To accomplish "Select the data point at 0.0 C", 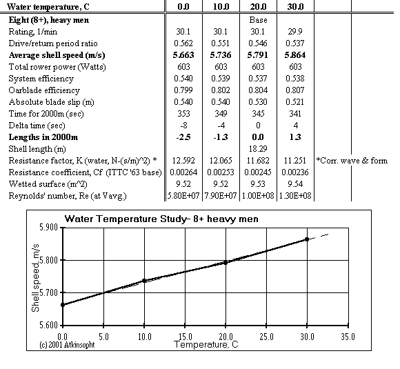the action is [63, 304].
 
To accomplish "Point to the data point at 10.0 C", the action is [144, 281].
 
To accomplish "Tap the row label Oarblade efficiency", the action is [45, 90].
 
